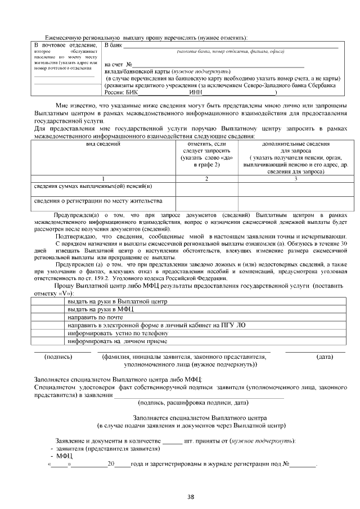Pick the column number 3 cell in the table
pos(295,179)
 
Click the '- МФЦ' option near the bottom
pos(58,456)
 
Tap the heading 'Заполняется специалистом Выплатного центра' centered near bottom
pos(199,418)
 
